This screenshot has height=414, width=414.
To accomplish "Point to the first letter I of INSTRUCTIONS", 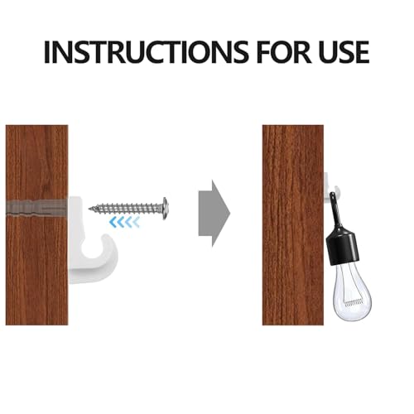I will (47, 51).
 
